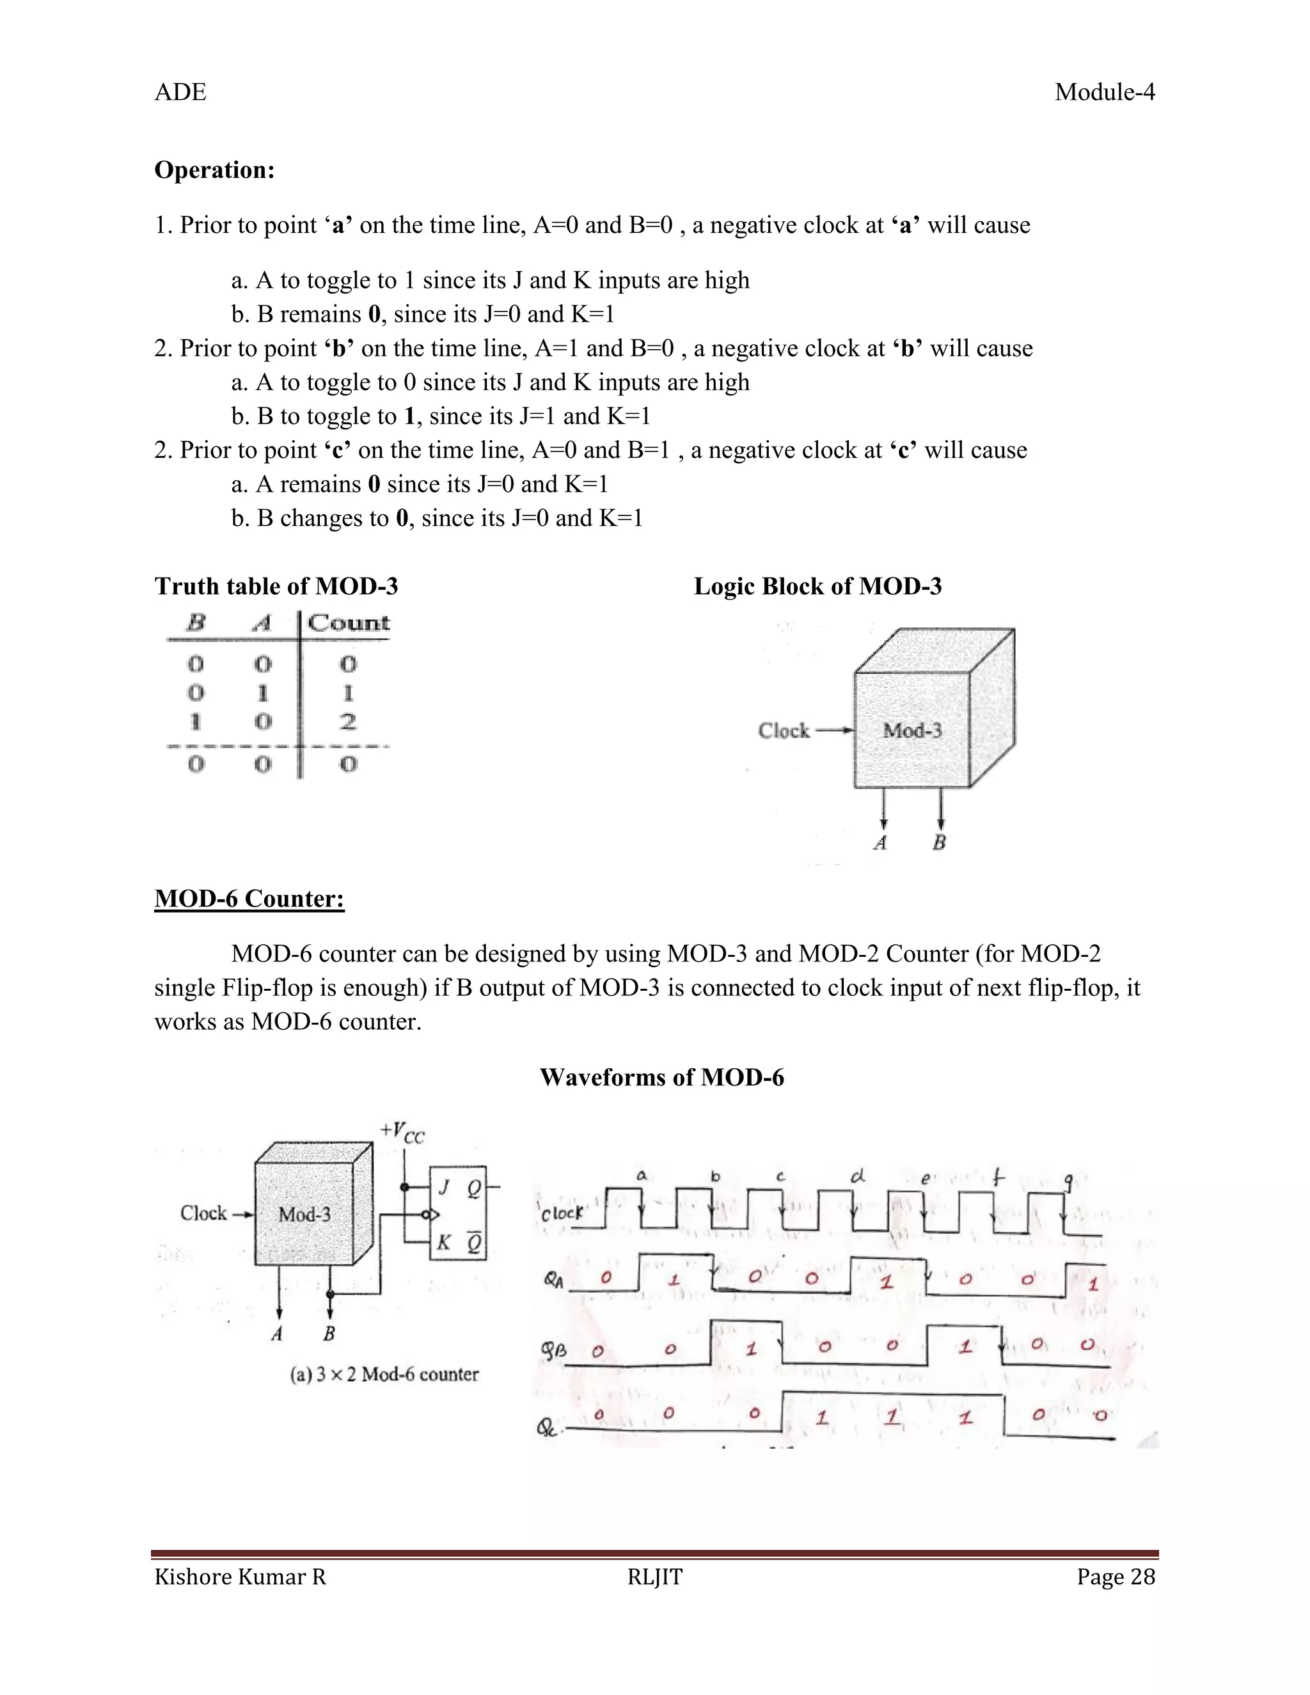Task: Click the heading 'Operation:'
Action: tap(214, 170)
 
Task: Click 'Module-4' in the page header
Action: tap(1104, 92)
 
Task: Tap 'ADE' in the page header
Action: tap(180, 92)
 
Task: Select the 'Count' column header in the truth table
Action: tap(349, 623)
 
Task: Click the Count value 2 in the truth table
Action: tap(349, 721)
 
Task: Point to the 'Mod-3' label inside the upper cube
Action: tap(912, 730)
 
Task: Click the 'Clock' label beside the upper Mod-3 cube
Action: tap(783, 731)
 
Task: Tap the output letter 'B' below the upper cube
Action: tap(939, 843)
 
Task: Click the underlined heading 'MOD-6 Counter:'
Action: tap(249, 899)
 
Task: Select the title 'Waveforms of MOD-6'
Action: tap(661, 1077)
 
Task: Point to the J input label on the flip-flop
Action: tap(443, 1187)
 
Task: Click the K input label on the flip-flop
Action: tap(443, 1243)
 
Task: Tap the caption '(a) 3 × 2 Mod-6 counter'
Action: tap(384, 1375)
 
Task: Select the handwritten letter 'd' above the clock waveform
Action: tap(856, 1176)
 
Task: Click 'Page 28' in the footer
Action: tap(1115, 1577)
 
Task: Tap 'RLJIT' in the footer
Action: tap(654, 1577)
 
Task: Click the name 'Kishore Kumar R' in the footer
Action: tap(240, 1577)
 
